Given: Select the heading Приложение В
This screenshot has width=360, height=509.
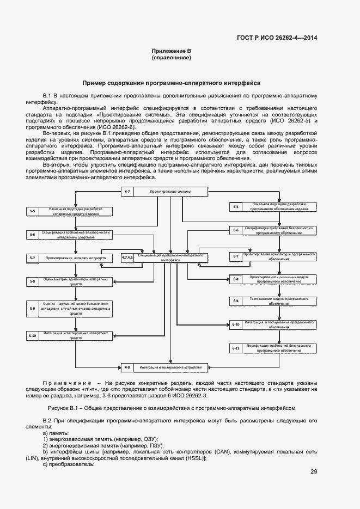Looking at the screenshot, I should [172, 51].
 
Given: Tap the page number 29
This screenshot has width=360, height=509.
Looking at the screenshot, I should [314, 471].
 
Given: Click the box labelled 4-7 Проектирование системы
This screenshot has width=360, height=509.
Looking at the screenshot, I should [164, 192].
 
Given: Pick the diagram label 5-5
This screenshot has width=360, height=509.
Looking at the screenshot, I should [33, 211].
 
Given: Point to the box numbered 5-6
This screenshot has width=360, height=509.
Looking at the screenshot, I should [33, 235].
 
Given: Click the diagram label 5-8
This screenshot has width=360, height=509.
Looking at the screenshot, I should [33, 281].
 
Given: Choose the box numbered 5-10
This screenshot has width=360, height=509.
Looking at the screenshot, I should [33, 335].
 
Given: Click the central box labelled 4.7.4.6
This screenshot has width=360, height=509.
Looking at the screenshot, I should [163, 257].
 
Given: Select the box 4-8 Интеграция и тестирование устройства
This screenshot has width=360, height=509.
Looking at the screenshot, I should [164, 367].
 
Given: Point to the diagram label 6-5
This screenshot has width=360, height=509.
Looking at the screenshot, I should [236, 206].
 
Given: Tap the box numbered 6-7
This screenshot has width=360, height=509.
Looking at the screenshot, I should [272, 256].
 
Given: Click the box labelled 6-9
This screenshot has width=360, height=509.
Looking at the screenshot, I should [272, 301].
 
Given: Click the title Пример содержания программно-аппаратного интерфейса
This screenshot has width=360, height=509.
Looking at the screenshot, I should [171, 83].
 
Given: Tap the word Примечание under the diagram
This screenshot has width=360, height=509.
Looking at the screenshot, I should [68, 384].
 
